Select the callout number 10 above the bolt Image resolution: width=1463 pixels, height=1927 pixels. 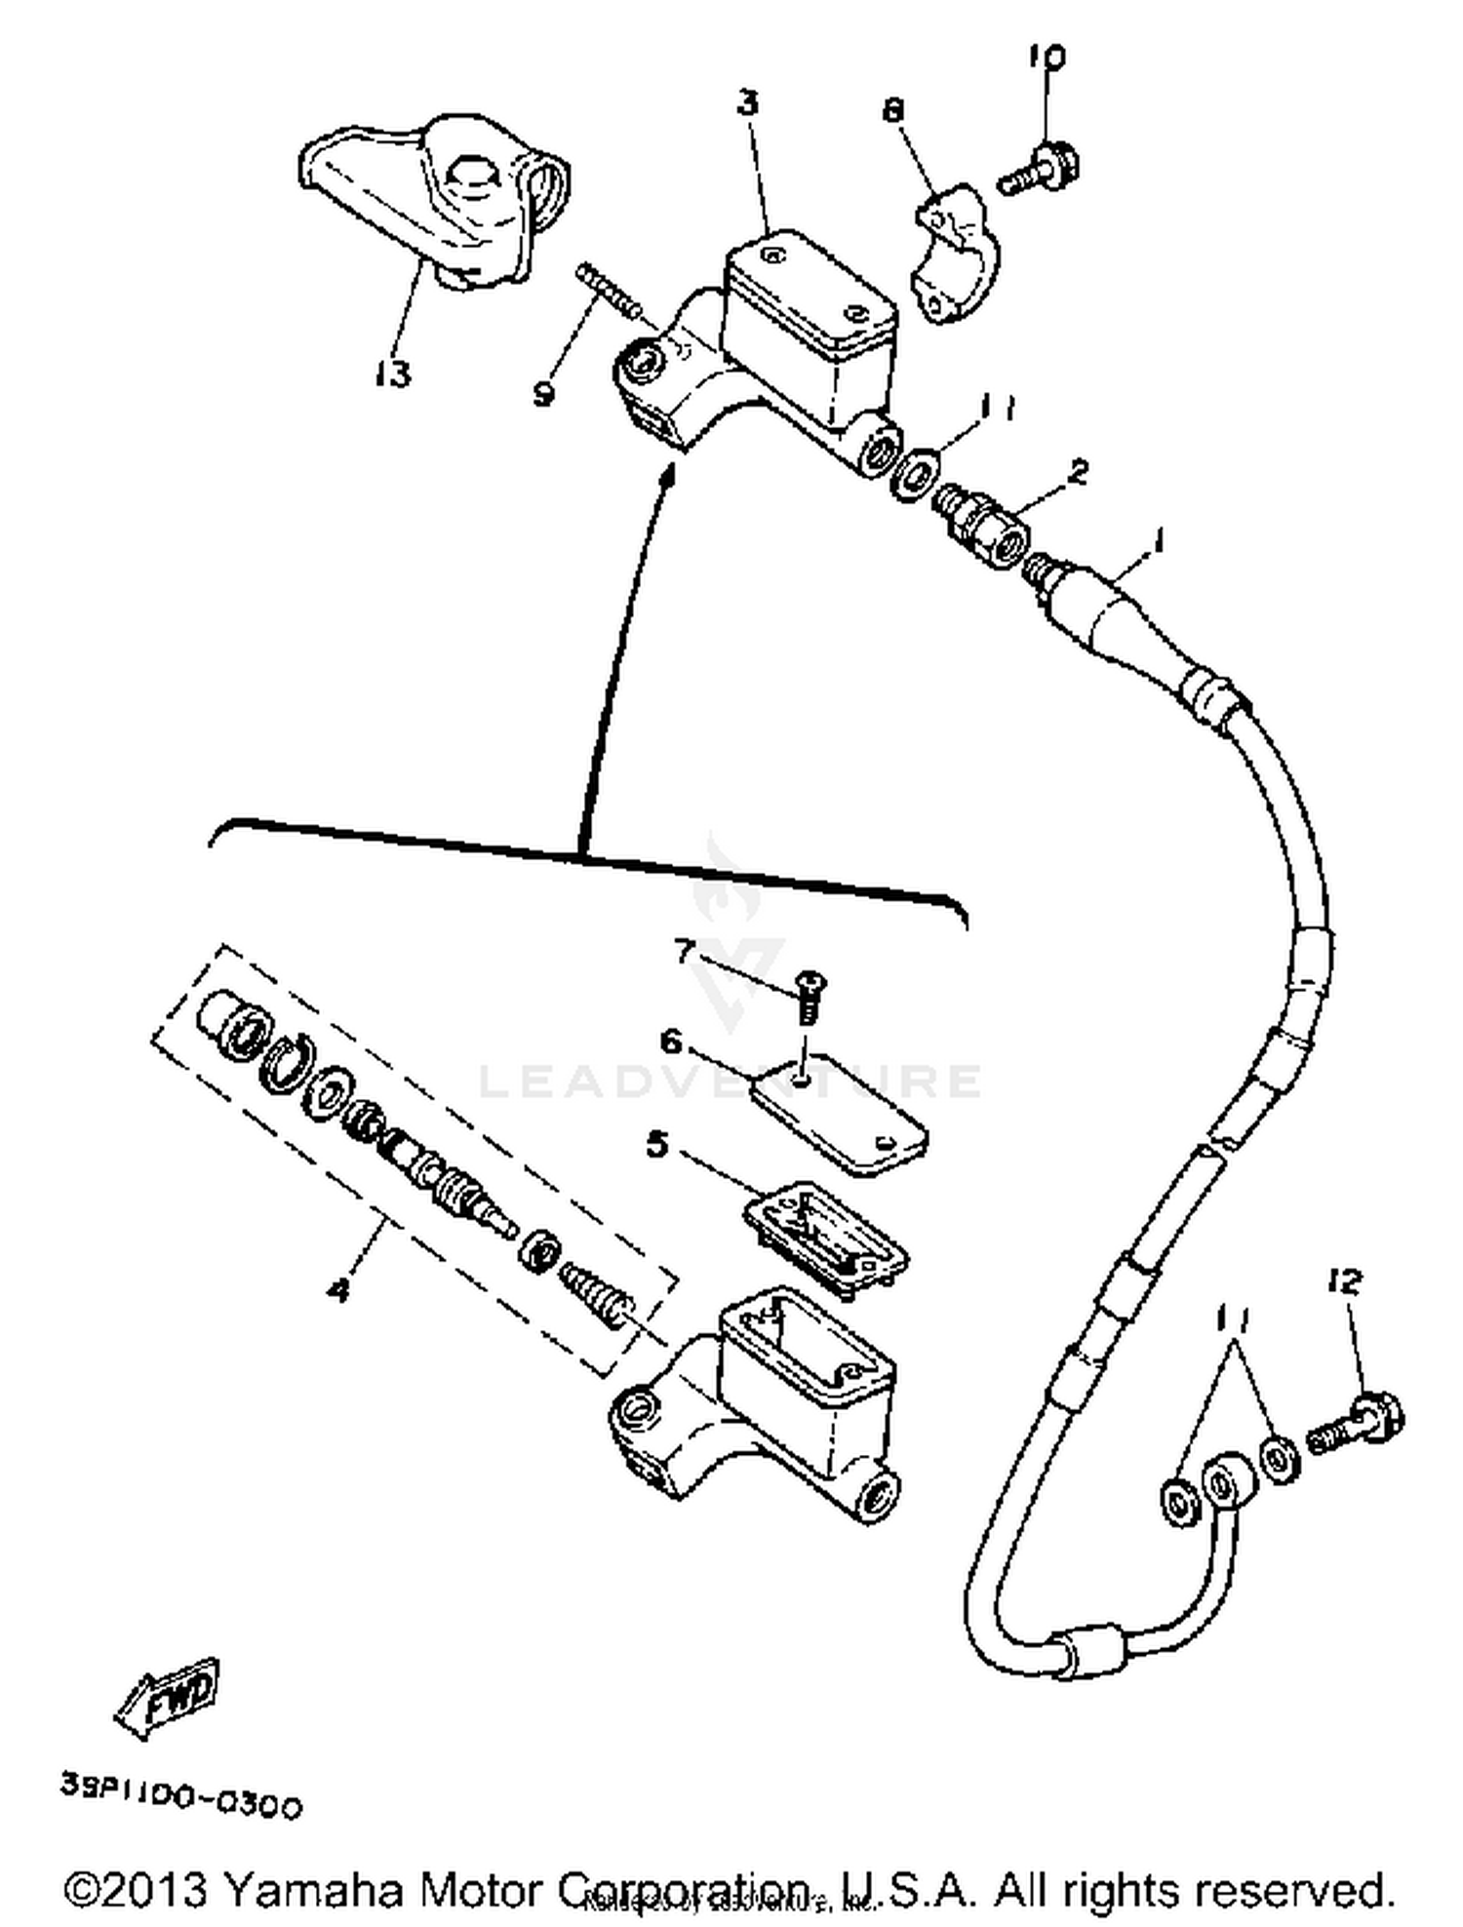pyautogui.click(x=1046, y=58)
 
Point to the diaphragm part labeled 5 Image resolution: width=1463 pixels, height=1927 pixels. pyautogui.click(x=825, y=1232)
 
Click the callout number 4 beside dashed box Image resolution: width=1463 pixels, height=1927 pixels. pyautogui.click(x=338, y=1291)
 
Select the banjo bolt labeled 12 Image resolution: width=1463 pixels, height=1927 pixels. pyautogui.click(x=1355, y=1427)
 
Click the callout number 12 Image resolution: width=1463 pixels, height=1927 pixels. pyautogui.click(x=1345, y=1281)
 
